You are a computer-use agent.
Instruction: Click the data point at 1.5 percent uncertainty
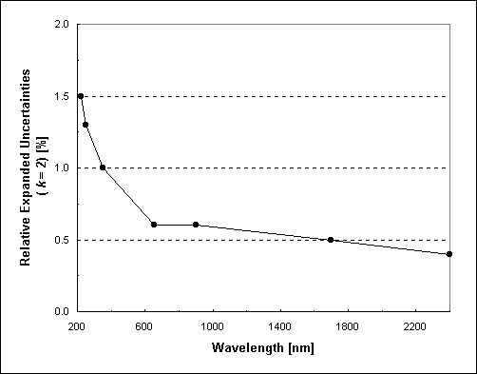81,96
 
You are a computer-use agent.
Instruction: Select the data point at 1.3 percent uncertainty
86,125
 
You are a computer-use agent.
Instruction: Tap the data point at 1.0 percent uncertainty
103,167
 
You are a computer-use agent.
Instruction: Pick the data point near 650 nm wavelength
153,225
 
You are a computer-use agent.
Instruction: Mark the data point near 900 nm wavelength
196,225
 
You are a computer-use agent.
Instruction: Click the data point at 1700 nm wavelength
331,240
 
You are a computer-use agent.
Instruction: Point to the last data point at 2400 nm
448,254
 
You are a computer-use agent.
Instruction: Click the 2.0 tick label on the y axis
61,24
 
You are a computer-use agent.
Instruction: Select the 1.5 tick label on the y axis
61,96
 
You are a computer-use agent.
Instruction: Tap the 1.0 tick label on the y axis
61,167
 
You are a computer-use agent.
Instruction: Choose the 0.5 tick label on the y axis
61,240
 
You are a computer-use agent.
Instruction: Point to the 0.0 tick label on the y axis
61,311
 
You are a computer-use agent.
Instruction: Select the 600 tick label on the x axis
144,326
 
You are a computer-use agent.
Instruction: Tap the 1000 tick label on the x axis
212,326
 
